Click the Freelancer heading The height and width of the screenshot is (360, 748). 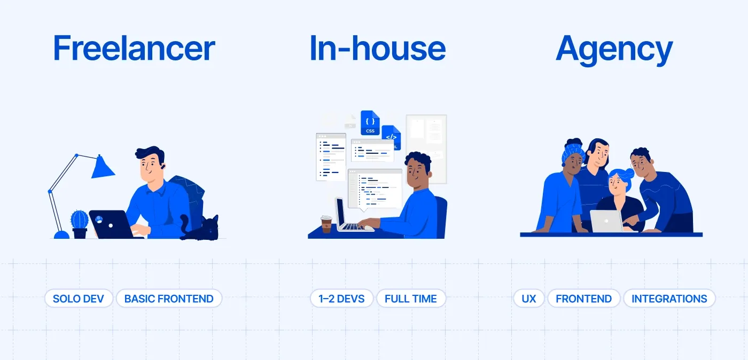tap(134, 49)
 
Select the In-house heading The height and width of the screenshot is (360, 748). tap(377, 49)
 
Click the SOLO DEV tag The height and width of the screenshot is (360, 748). tap(79, 299)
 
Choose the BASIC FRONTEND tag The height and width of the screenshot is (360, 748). tap(169, 299)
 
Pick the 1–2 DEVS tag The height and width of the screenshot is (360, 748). tap(342, 299)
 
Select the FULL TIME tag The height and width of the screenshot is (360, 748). tap(411, 299)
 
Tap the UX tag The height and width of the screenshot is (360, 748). tap(529, 299)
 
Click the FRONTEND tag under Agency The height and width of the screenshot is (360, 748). tap(583, 299)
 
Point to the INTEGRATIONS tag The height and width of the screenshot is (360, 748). tap(669, 299)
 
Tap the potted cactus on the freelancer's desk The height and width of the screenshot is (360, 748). tap(80, 223)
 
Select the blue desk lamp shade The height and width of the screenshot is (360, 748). tap(102, 167)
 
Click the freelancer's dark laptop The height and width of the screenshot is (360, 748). tap(111, 224)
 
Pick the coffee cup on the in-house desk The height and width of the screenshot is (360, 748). tap(326, 224)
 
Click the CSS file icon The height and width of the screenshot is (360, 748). tap(370, 123)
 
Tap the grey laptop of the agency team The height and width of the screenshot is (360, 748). tap(607, 221)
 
